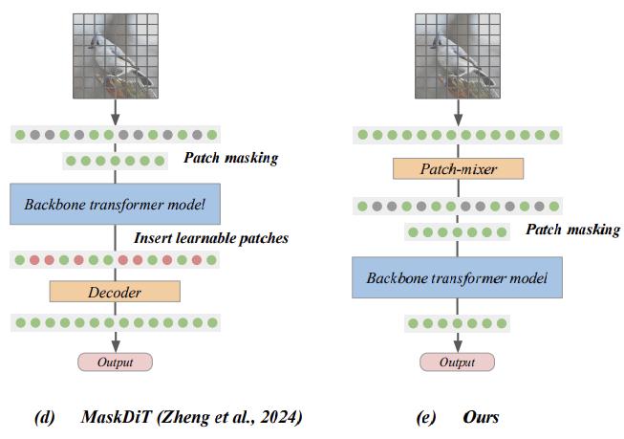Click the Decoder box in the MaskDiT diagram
[x=115, y=291]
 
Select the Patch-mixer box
[x=458, y=170]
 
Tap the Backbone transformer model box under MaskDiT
[x=115, y=206]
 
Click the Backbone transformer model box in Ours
[x=457, y=278]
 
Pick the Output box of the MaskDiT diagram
[x=115, y=362]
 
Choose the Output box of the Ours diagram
[x=457, y=362]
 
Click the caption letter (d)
[x=44, y=417]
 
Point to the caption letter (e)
[x=426, y=417]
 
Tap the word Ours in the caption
[x=481, y=417]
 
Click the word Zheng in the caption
[x=187, y=417]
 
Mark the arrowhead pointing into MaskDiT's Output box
[x=115, y=346]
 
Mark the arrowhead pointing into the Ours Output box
[x=457, y=346]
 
